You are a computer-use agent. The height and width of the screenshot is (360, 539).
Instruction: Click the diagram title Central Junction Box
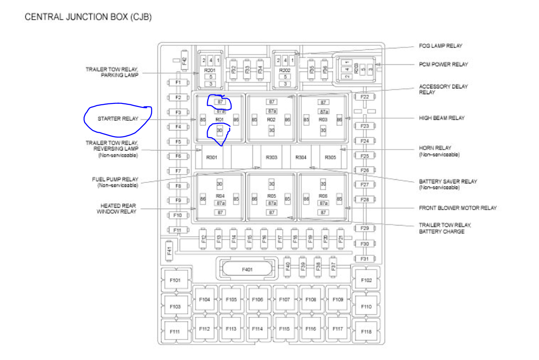click(x=88, y=17)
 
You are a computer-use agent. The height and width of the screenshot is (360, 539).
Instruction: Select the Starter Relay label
click(x=118, y=119)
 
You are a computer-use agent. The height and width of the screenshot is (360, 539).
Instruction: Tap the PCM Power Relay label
click(x=443, y=64)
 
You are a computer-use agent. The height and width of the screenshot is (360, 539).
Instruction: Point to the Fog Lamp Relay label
click(x=441, y=46)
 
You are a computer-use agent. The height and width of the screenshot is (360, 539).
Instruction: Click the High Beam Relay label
click(x=442, y=118)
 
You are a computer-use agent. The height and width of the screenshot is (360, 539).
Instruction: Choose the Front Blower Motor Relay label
click(x=458, y=208)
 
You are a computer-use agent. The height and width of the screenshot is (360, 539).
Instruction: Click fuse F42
click(x=185, y=60)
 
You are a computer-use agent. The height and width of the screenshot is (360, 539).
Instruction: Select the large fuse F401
click(x=247, y=269)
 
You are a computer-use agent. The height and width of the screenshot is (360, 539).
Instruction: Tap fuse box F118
click(x=366, y=332)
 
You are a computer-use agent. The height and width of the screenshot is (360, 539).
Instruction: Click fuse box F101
click(x=175, y=281)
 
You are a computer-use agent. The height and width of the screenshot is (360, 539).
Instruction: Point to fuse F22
click(x=365, y=97)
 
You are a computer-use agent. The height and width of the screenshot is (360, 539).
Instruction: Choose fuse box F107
click(x=284, y=300)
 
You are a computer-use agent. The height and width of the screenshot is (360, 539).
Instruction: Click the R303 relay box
click(x=271, y=157)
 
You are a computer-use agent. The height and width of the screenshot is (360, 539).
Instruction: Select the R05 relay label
click(x=271, y=196)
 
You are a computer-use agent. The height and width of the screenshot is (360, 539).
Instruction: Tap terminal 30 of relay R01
click(x=219, y=131)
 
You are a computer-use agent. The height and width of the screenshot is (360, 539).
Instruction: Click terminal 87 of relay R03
click(x=323, y=102)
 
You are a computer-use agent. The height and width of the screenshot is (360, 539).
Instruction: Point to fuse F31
click(x=365, y=259)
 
